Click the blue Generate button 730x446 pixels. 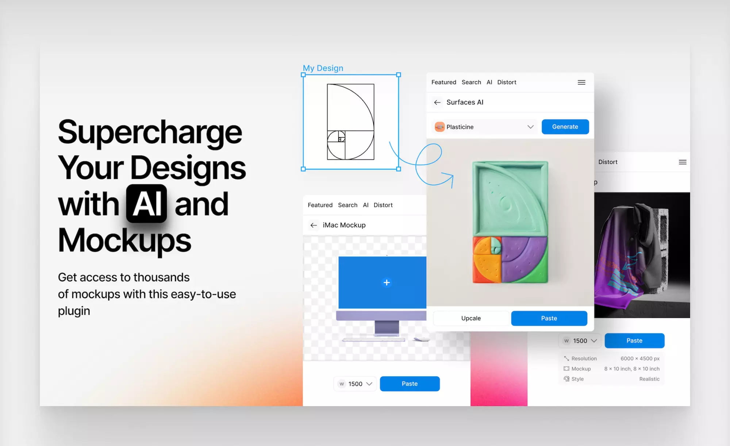click(x=565, y=127)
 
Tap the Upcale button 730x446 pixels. click(x=471, y=318)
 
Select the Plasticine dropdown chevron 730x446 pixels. click(x=530, y=127)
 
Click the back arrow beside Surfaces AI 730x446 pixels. click(x=437, y=103)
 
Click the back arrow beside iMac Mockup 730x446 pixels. click(x=314, y=225)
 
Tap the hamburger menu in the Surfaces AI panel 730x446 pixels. click(x=581, y=82)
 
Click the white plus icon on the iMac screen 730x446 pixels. click(x=387, y=282)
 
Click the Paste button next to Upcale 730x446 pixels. click(x=549, y=318)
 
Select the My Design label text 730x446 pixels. click(x=323, y=68)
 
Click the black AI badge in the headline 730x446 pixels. click(x=146, y=204)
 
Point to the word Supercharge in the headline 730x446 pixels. click(x=150, y=132)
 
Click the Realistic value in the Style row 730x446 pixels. click(x=649, y=379)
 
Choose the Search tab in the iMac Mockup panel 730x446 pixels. click(x=347, y=205)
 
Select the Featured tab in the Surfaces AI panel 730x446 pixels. click(x=444, y=82)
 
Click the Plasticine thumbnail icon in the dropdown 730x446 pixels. click(x=440, y=127)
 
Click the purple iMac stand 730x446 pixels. click(x=387, y=328)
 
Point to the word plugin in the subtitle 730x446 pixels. click(x=74, y=311)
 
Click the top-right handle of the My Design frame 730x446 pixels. click(x=399, y=75)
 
